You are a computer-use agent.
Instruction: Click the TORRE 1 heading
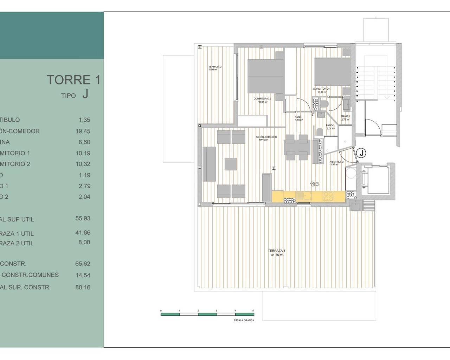pos(73,80)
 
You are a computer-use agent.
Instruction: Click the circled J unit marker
pos(361,153)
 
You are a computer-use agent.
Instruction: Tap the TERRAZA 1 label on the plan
pos(277,251)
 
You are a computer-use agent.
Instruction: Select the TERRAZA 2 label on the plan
pos(215,67)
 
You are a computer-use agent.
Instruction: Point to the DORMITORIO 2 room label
pos(262,99)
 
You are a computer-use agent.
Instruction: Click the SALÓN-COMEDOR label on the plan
pos(266,137)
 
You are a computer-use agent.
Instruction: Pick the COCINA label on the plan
pos(314,183)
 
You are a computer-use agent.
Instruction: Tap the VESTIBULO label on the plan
pos(337,162)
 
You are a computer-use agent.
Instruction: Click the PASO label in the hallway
pos(298,117)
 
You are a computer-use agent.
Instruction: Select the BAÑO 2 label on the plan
pos(330,126)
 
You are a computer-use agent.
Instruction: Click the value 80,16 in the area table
pos(83,287)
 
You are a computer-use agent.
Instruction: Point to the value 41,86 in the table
pos(83,233)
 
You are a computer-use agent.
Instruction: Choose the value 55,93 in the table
pos(83,218)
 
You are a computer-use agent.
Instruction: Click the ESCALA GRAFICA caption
pos(244,320)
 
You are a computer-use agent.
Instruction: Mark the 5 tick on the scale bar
pos(253,311)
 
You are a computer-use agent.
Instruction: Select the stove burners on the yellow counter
pos(328,196)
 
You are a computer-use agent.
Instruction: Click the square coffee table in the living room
pos(231,164)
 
